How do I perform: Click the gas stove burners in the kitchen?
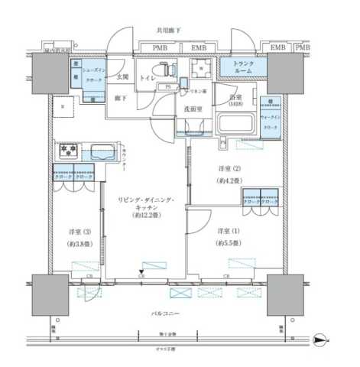(x=67, y=151)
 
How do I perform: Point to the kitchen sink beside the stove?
(x=102, y=151)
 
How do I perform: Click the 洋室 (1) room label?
(x=225, y=231)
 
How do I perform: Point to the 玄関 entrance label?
(x=122, y=76)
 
